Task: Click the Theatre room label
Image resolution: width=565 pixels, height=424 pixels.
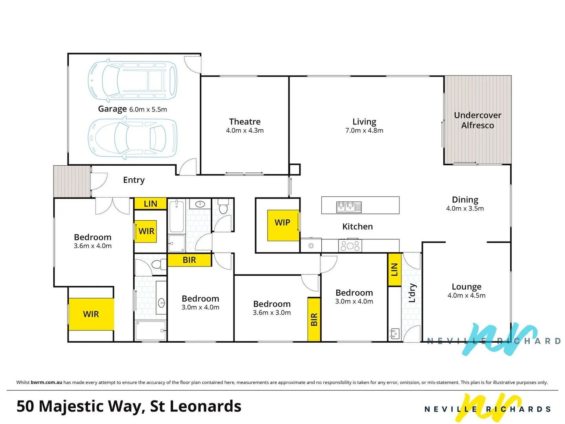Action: [x=245, y=122]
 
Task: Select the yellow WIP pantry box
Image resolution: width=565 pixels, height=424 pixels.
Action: [x=282, y=225]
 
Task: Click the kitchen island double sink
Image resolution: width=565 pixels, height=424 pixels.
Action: [x=349, y=207]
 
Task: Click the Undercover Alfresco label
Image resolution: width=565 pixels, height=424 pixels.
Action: [x=478, y=120]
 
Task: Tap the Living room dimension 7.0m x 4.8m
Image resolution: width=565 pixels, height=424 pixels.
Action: [x=364, y=131]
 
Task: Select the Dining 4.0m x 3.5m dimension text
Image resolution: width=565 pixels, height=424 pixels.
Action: [x=465, y=208]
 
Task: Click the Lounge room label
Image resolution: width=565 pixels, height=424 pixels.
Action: [x=467, y=287]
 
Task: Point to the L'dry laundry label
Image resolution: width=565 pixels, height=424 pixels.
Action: [x=412, y=293]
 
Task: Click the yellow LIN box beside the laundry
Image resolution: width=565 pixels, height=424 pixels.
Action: [x=394, y=270]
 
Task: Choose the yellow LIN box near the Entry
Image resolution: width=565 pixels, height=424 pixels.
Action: [x=150, y=204]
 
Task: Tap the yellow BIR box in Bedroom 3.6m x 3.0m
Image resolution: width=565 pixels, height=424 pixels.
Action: [x=314, y=319]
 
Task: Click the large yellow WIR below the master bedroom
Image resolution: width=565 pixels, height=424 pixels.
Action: [x=91, y=314]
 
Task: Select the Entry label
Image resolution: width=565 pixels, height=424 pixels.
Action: [x=134, y=180]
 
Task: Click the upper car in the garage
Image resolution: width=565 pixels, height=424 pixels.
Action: [x=132, y=80]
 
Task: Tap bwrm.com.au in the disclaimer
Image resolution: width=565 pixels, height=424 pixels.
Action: [x=46, y=382]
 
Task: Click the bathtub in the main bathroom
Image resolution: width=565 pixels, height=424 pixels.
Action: [x=177, y=216]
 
